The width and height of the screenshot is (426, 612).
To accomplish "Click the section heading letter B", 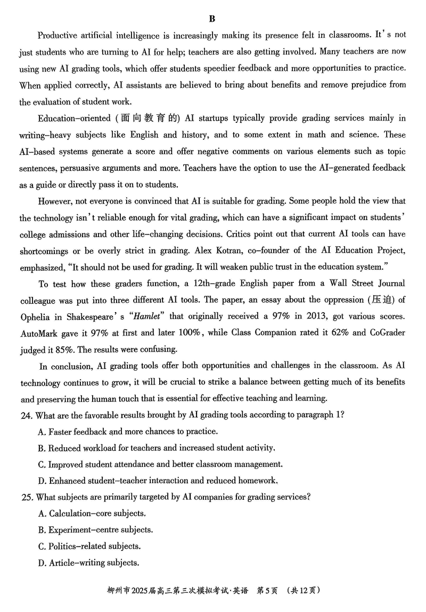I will [x=212, y=19].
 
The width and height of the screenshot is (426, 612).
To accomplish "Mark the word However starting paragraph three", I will [x=55, y=201].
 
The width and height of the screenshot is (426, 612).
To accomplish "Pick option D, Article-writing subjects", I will [x=88, y=563].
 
